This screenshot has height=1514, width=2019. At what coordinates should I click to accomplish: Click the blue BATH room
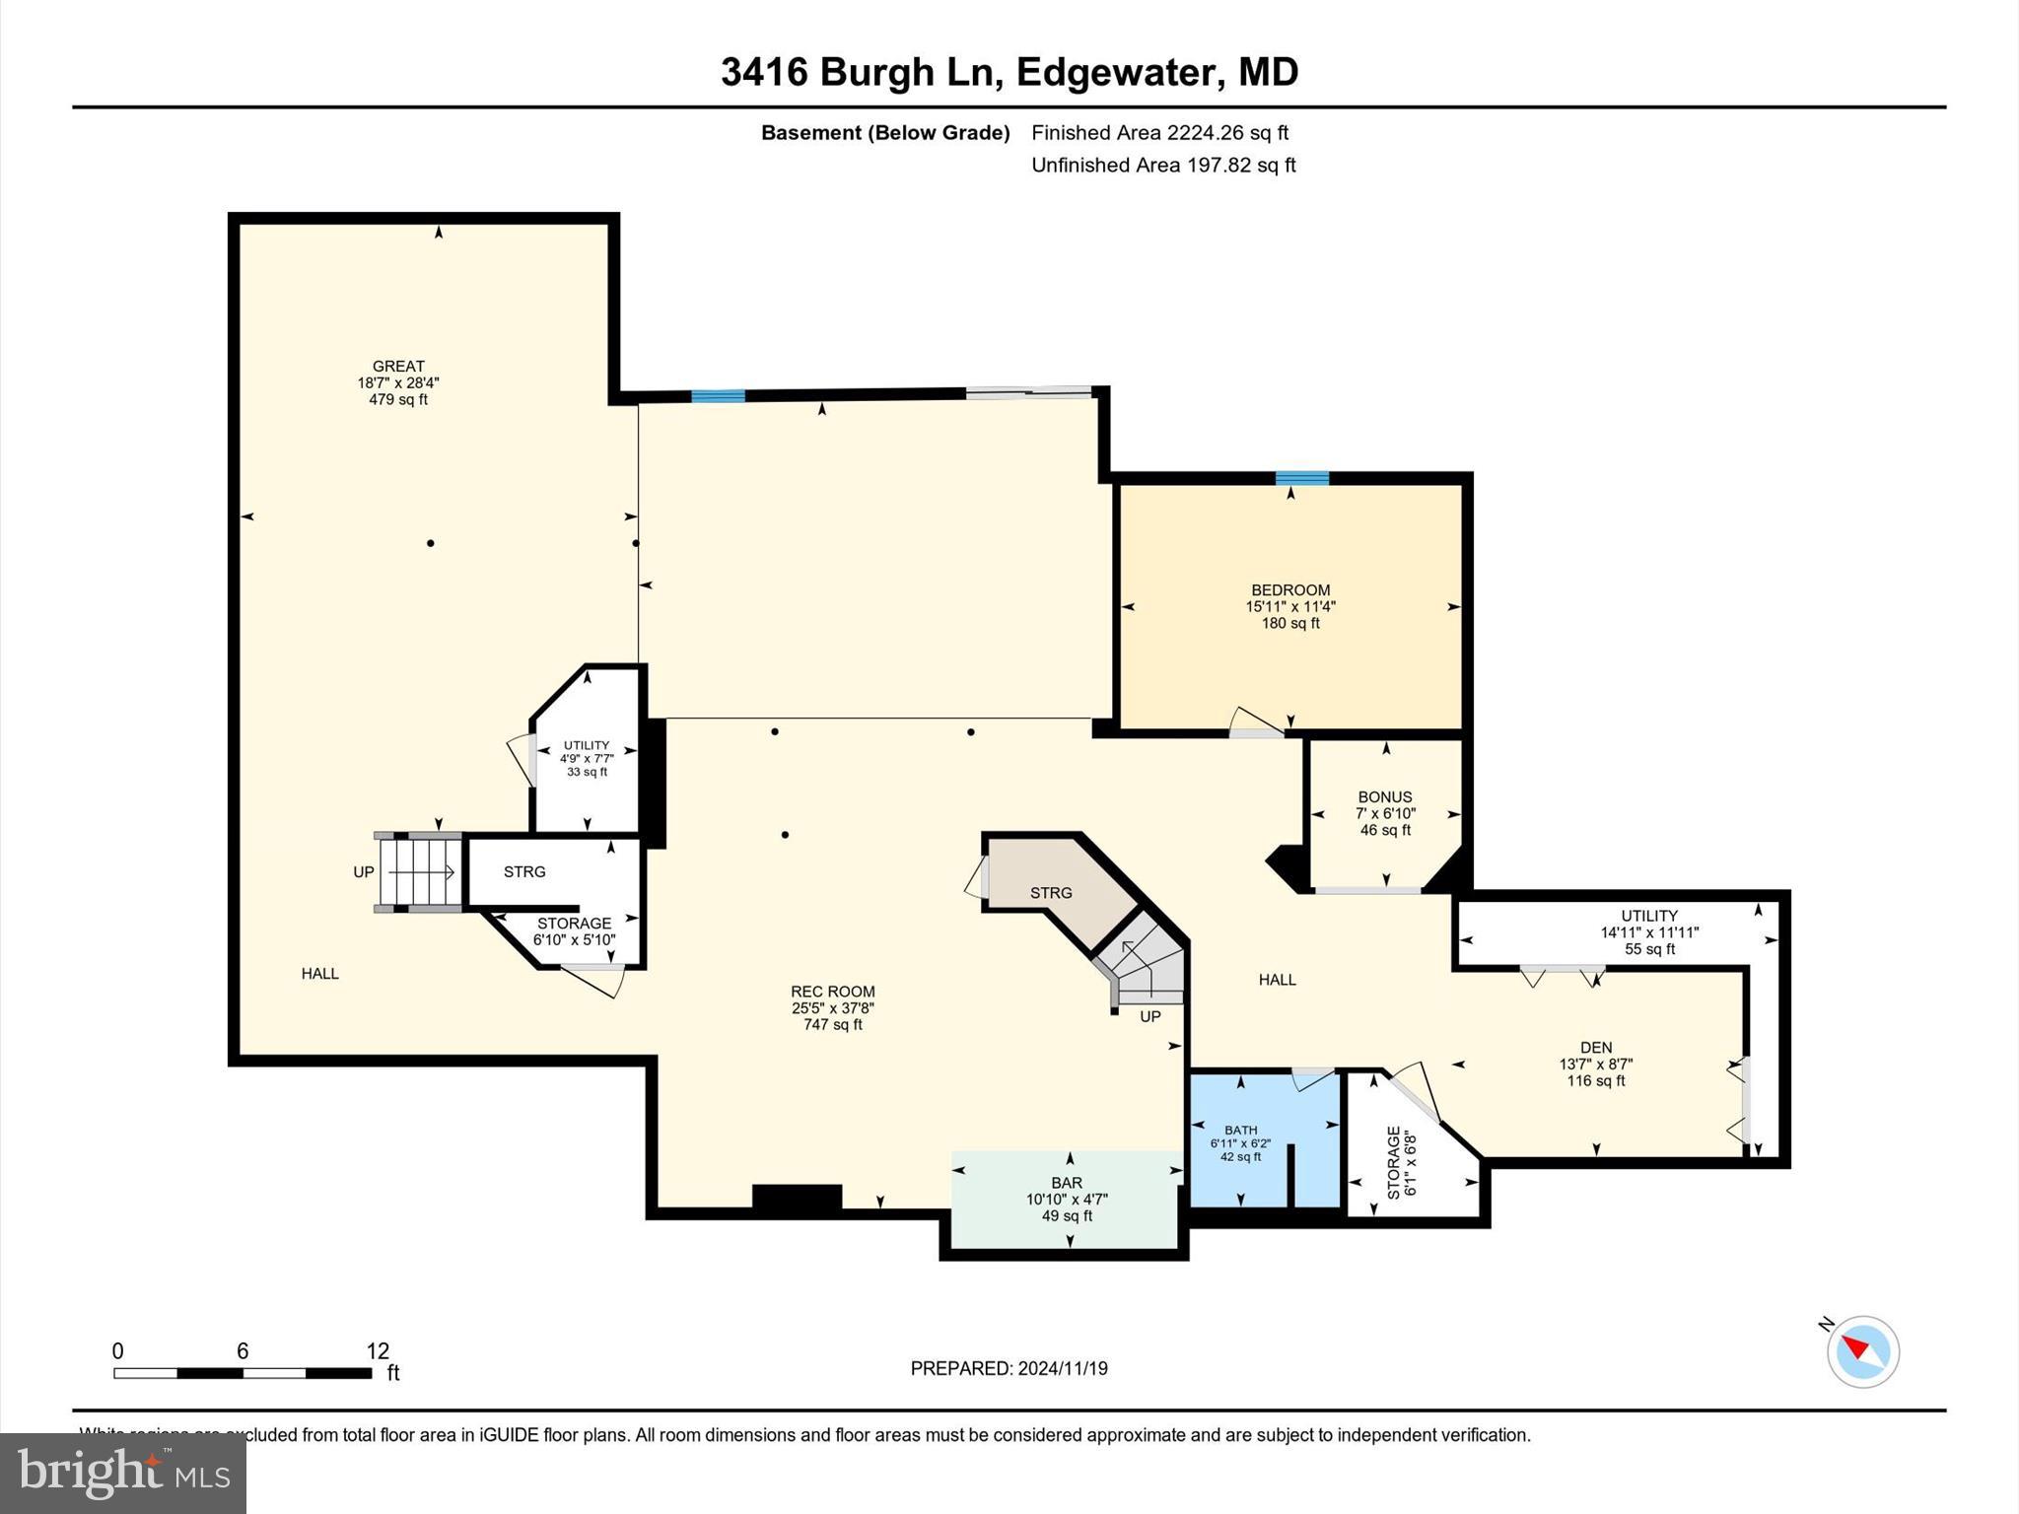1240,1142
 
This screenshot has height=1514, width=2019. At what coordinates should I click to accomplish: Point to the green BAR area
1067,1198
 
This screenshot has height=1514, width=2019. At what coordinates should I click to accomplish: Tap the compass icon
1862,1351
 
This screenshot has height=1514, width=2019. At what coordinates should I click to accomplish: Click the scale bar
243,1372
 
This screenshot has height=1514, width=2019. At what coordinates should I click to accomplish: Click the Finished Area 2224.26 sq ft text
1159,132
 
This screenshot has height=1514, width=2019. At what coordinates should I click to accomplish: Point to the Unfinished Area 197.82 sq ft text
1162,165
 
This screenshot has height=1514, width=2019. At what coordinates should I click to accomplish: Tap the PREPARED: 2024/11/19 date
1009,1368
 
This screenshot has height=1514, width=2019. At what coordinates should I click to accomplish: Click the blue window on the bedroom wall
1301,478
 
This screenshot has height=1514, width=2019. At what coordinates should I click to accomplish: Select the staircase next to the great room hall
420,871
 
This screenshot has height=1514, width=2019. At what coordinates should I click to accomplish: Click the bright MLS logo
123,1473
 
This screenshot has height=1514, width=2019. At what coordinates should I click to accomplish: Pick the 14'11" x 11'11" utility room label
1648,931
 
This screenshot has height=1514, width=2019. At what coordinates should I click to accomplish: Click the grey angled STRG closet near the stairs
1051,891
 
